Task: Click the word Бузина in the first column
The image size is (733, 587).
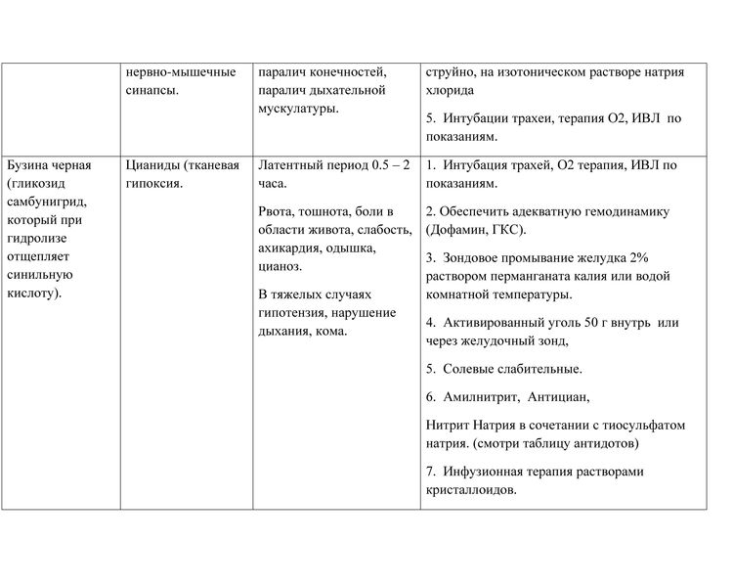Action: pyautogui.click(x=29, y=165)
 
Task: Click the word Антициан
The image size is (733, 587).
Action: pyautogui.click(x=559, y=397)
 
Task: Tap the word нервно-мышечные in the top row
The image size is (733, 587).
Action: pyautogui.click(x=181, y=72)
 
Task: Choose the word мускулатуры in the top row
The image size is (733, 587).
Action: pyautogui.click(x=298, y=110)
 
